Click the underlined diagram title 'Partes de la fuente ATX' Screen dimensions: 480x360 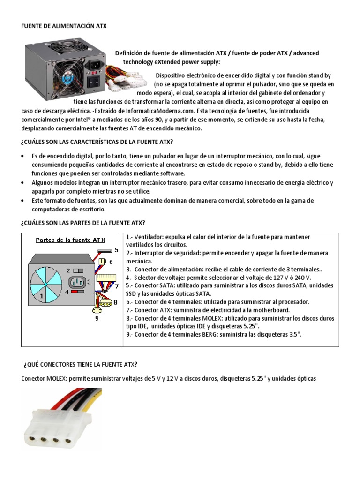click(x=71, y=240)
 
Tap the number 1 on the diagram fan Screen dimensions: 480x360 click(x=42, y=296)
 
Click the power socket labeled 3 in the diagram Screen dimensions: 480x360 click(x=78, y=282)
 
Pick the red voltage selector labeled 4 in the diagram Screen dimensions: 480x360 click(x=77, y=292)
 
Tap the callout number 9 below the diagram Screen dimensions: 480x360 click(x=97, y=319)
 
